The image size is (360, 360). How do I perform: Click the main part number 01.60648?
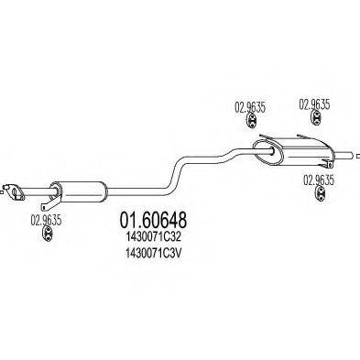pos(154,222)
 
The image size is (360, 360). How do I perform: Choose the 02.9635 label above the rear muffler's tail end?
pos(316,104)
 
